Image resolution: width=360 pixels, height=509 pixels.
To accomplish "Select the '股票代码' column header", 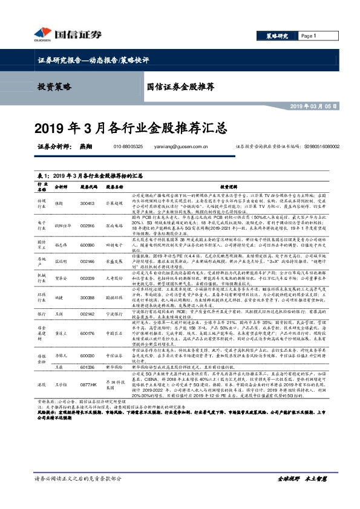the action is tap(88, 187).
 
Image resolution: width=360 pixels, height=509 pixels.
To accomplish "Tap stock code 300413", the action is tap(88, 203).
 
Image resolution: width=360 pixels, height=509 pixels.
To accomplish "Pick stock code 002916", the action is tap(88, 225).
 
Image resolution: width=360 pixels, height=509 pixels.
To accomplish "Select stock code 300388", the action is tap(88, 298).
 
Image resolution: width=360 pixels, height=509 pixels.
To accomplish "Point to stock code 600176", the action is tap(88, 331).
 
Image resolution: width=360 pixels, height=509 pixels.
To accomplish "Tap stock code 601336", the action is tap(88, 367).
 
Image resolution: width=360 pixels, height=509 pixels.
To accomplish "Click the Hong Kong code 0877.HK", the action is tap(88, 384).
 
